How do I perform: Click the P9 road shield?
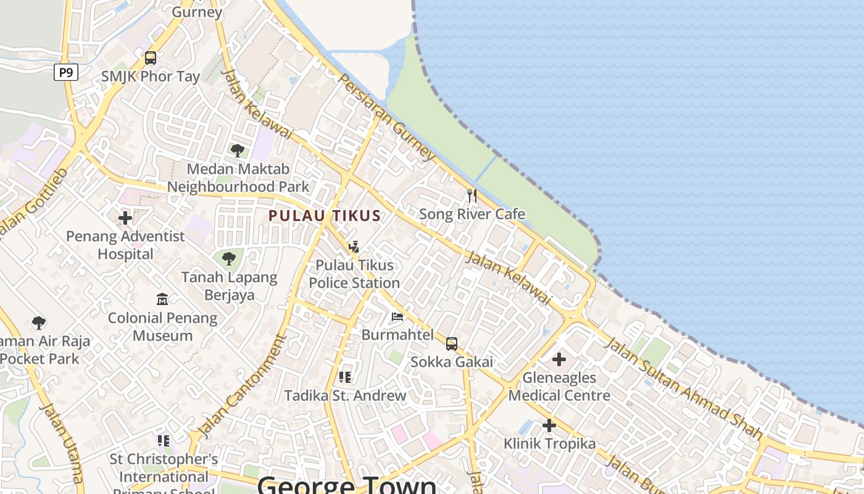click(x=66, y=72)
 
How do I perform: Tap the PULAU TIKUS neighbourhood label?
click(x=325, y=216)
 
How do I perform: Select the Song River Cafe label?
click(x=472, y=214)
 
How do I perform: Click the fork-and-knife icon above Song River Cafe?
click(x=472, y=196)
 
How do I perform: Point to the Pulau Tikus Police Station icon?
click(x=354, y=247)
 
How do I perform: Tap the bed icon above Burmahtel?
click(x=397, y=317)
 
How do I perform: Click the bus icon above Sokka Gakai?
click(x=452, y=344)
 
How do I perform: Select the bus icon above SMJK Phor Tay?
click(x=151, y=58)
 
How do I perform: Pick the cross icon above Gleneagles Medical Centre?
click(x=559, y=359)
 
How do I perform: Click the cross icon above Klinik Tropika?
click(x=549, y=425)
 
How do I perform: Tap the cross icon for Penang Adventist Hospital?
click(x=125, y=218)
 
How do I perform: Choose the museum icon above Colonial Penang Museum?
click(x=162, y=299)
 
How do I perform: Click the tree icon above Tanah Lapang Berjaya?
click(x=229, y=259)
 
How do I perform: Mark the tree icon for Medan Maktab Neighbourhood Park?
click(x=238, y=150)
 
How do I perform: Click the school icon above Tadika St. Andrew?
click(x=345, y=377)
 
